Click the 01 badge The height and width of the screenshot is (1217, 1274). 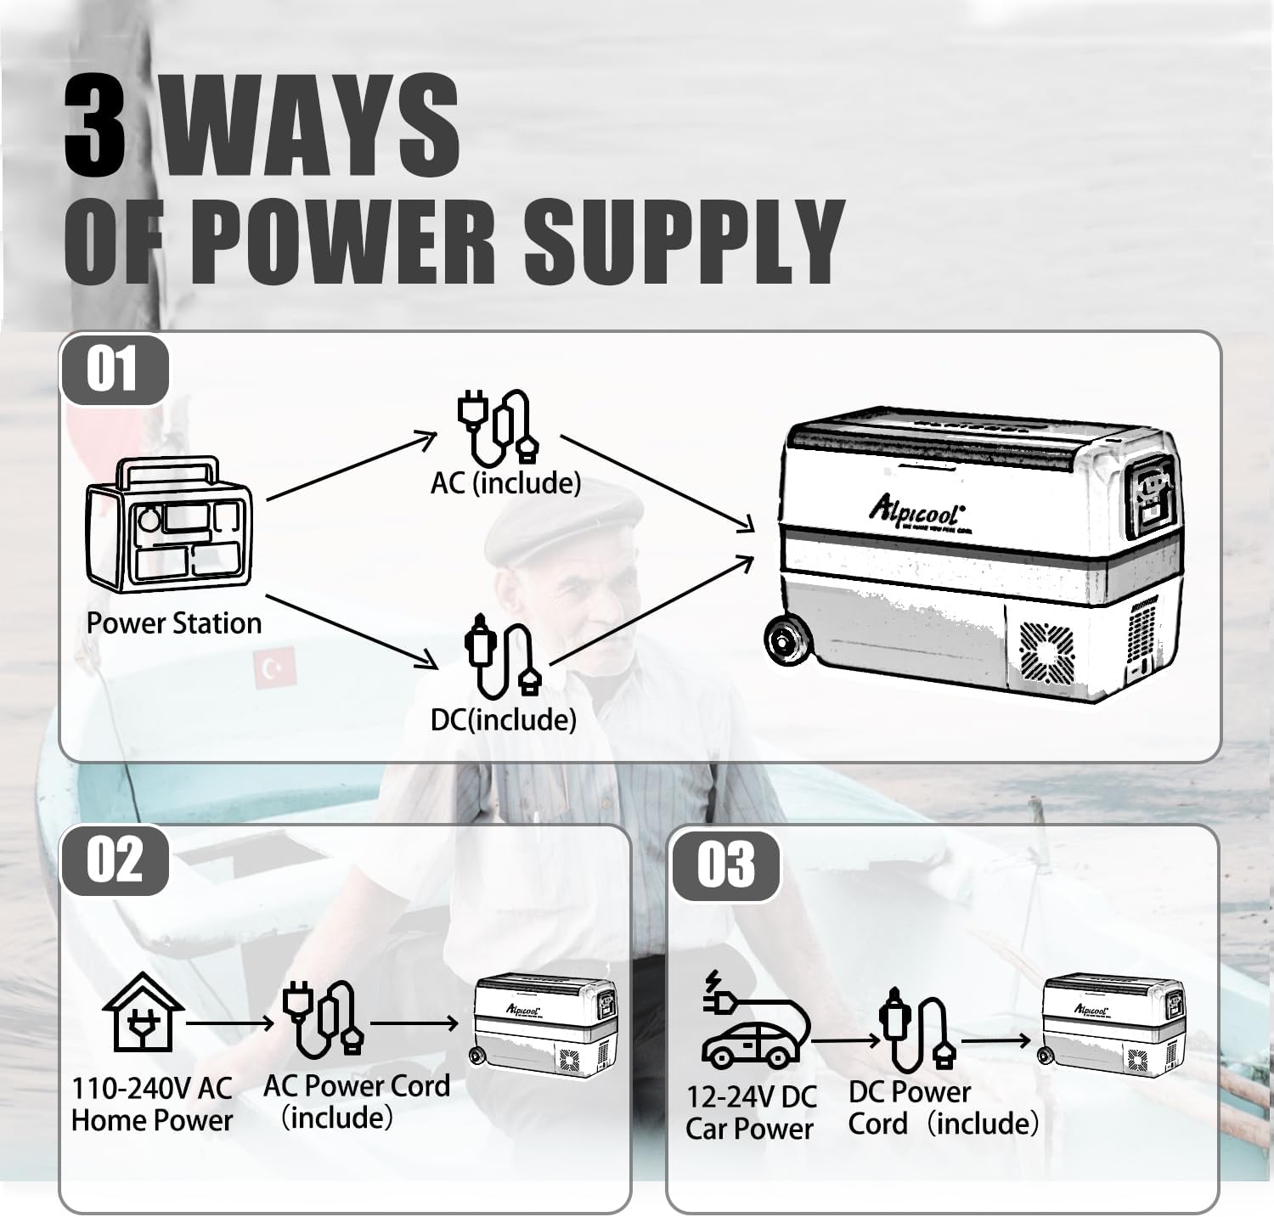[113, 370]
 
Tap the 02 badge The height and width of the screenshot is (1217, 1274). [114, 859]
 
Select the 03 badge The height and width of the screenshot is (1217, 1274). [725, 865]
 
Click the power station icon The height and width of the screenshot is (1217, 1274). [169, 526]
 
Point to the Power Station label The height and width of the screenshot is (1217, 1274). [174, 623]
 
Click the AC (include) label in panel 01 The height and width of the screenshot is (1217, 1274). [505, 483]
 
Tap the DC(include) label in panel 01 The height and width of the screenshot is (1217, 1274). [503, 720]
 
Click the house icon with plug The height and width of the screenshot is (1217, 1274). [143, 1012]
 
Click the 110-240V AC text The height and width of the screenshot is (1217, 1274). [151, 1088]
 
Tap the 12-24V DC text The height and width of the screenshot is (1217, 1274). [751, 1096]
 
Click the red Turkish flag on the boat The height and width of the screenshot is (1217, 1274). [273, 668]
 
